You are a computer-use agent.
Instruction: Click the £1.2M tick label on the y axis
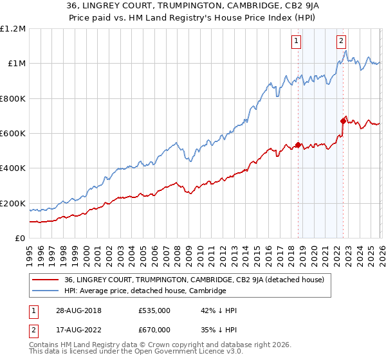[x=13, y=28]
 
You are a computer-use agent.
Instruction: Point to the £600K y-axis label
[x=13, y=133]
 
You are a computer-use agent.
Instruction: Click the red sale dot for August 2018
[x=299, y=145]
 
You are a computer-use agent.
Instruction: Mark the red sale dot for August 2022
[x=343, y=121]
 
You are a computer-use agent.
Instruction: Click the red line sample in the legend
[x=46, y=280]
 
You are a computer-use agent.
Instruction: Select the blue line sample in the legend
[x=46, y=291]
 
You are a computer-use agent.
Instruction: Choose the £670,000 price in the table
[x=154, y=330]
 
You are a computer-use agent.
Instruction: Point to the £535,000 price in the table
[x=154, y=310]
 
